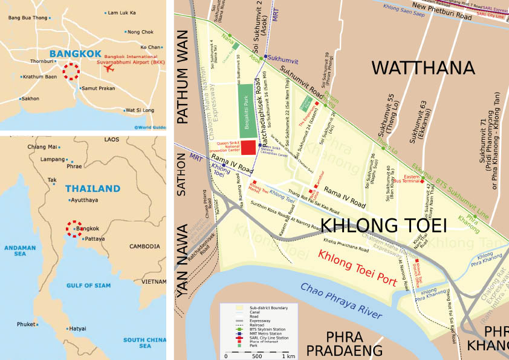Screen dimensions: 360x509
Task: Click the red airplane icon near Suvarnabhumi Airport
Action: click(x=109, y=67)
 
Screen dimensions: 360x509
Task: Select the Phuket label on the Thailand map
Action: click(x=26, y=324)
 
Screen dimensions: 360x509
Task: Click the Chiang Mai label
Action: click(x=42, y=146)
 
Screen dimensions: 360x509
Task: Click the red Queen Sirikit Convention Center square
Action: click(x=248, y=148)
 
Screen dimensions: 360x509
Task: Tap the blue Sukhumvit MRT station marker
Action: click(x=264, y=56)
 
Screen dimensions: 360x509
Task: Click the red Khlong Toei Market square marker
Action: click(x=254, y=182)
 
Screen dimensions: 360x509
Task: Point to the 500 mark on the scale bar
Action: click(x=257, y=356)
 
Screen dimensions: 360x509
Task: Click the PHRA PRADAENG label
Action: click(x=345, y=343)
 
